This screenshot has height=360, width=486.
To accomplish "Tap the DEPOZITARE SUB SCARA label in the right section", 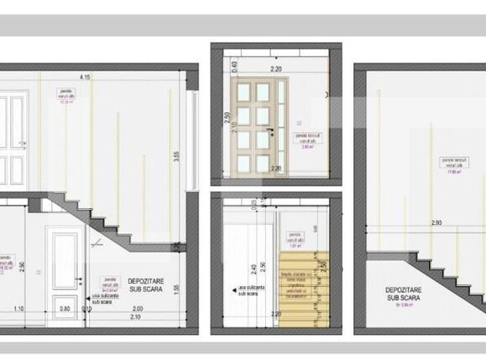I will [x=405, y=293].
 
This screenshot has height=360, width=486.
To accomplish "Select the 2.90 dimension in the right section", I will [x=436, y=223].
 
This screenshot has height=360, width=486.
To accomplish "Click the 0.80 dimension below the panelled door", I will [x=65, y=308].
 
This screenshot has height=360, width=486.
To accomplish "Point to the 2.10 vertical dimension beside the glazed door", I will [x=235, y=131].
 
